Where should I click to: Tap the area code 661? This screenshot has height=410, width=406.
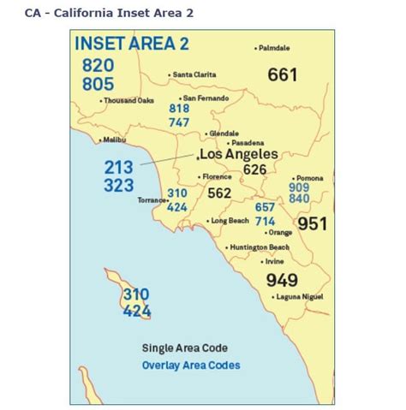click(282, 75)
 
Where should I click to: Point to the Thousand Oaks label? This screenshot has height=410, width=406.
click(128, 100)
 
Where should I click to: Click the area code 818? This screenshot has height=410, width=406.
click(179, 109)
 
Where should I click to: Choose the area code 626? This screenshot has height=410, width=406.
click(254, 169)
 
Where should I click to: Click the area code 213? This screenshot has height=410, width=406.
click(119, 168)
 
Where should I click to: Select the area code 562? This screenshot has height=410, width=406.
click(219, 193)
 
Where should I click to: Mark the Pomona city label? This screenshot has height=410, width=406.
click(308, 178)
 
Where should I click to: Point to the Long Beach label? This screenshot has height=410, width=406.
click(230, 221)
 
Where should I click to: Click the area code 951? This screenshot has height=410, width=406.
click(312, 223)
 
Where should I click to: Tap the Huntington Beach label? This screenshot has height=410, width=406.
click(260, 247)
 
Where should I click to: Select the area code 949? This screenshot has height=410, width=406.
click(282, 280)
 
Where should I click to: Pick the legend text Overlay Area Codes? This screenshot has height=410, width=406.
click(191, 365)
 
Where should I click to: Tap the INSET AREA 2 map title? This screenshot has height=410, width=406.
click(131, 45)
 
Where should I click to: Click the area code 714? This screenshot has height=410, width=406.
click(266, 221)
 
